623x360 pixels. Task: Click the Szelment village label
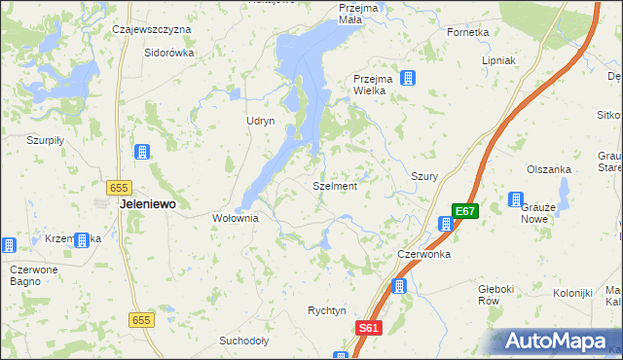point(335,185)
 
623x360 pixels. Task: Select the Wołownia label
point(236,218)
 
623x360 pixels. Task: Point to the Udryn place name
point(261,120)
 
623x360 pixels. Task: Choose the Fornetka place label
point(467,32)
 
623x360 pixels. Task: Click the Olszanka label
point(548,168)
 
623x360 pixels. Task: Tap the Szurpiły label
point(45,140)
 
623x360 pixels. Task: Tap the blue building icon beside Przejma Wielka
point(408,78)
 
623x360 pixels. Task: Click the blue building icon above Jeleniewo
point(141,152)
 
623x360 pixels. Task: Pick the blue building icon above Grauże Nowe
point(515,199)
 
